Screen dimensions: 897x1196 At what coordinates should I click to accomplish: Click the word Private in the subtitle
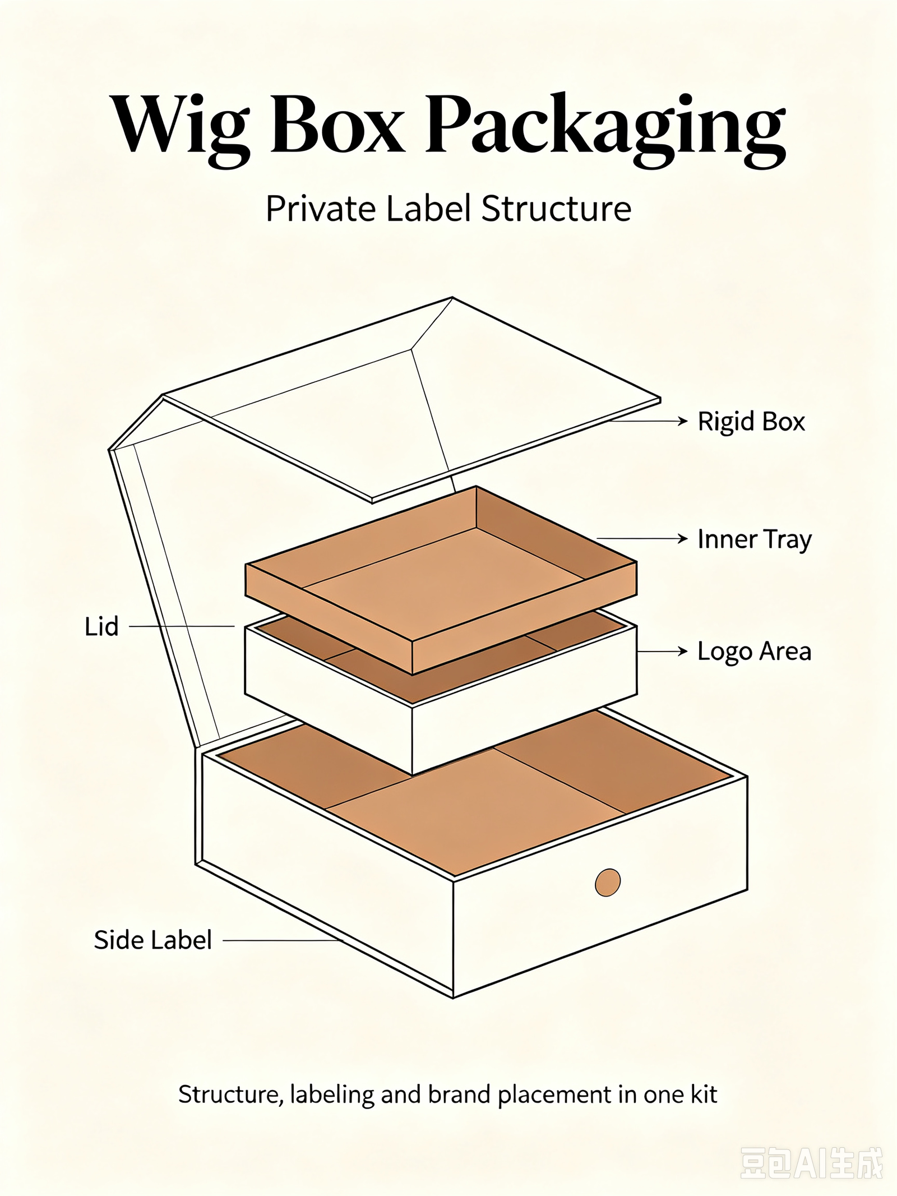click(321, 209)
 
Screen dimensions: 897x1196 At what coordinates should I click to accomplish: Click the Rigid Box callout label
click(751, 422)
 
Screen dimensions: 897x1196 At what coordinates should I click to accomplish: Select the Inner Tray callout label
click(755, 539)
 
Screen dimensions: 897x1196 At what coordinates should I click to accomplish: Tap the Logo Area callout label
click(755, 652)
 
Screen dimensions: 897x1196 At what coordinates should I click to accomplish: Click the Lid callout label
click(101, 626)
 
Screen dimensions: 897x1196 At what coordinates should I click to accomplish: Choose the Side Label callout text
click(153, 940)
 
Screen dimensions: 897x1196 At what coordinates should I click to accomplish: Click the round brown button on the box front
click(608, 883)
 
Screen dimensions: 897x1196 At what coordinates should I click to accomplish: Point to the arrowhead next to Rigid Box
click(683, 421)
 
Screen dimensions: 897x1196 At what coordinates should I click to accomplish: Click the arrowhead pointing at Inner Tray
click(683, 539)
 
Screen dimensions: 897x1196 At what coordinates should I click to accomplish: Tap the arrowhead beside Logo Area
click(683, 651)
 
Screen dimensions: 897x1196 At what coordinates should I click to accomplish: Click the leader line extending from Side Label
click(283, 940)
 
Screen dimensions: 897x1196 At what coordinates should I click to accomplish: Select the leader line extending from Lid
click(182, 626)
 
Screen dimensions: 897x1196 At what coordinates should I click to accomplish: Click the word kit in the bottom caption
click(704, 1095)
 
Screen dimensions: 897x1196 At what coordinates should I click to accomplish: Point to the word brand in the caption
click(459, 1095)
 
